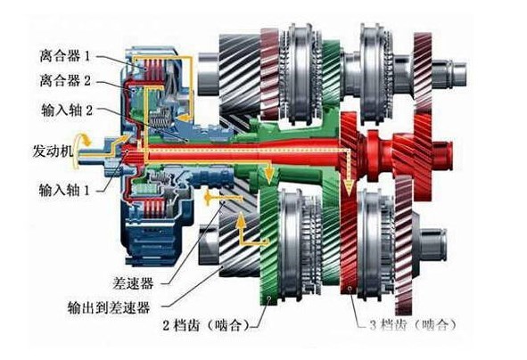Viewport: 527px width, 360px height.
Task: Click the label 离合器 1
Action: coord(65,56)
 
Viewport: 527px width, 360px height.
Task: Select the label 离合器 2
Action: coord(65,80)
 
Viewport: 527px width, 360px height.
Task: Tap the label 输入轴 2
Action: coord(67,110)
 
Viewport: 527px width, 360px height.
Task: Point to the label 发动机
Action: coord(54,151)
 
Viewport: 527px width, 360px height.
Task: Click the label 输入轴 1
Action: coord(64,191)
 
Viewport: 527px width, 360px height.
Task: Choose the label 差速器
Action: coord(134,283)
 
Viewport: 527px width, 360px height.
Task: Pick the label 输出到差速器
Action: coord(109,307)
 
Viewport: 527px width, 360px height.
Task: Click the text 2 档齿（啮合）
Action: coord(206,325)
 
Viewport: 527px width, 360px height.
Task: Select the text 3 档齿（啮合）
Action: coord(413,324)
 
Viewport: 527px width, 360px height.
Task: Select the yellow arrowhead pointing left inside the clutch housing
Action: coord(183,118)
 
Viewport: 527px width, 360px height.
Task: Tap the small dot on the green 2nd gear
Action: coord(268,298)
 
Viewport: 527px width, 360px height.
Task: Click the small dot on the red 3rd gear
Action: coord(350,288)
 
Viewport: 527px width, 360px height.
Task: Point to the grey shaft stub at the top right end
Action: coord(449,73)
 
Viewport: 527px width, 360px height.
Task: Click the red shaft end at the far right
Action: coord(442,154)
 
